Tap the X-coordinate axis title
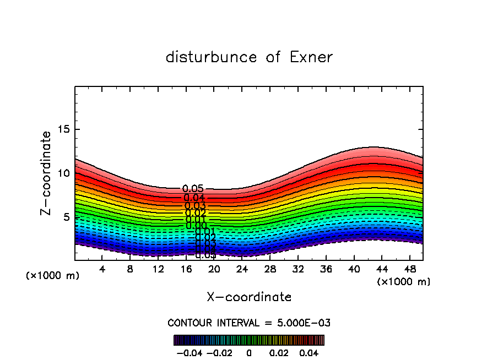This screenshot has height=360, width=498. pos(249,297)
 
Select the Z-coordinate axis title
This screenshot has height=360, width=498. pos(47,173)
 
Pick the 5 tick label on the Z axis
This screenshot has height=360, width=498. pos(65,217)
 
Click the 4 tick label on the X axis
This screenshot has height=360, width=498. pos(102,270)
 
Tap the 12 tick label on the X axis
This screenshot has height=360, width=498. pos(158,270)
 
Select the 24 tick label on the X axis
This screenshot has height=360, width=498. pos(242,270)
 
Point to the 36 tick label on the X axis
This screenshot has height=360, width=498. pos(326,270)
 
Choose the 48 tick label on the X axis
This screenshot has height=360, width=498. pos(409,270)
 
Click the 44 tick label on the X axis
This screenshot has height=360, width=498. pos(381,270)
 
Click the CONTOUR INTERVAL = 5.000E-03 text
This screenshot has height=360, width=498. pos(249,323)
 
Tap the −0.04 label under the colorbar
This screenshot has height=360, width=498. pos(189,353)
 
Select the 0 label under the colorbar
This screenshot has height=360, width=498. pos(249,353)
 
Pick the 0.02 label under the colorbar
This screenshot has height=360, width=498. pos(279,353)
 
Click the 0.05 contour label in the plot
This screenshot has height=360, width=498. pos(193,189)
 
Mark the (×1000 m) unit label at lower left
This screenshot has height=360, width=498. pos(53,276)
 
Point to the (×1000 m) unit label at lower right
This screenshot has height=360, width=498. pos(404,282)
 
